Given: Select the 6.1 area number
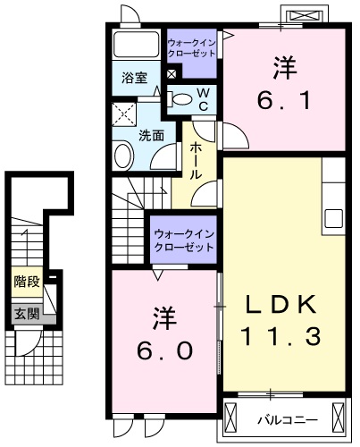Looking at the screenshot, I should [284, 100].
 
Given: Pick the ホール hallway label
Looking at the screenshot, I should [196, 160].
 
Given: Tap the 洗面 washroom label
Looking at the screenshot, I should [151, 136].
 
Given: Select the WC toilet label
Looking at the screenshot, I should [203, 98].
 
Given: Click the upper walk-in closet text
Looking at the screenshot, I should [192, 47].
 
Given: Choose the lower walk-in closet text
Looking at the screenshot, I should [183, 239].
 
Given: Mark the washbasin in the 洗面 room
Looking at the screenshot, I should [123, 155].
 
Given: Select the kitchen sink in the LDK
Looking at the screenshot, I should [335, 217].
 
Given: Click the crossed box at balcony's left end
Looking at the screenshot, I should [232, 417].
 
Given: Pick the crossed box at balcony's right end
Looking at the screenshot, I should [339, 417].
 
